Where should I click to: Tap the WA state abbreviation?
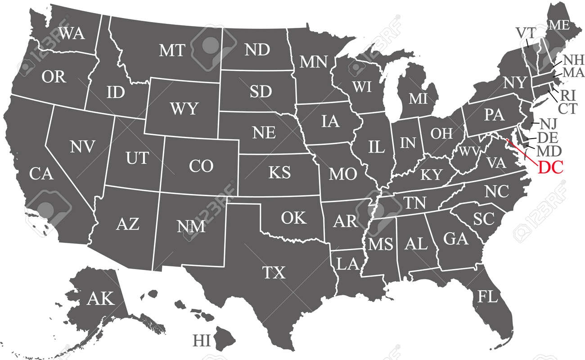pyautogui.click(x=71, y=33)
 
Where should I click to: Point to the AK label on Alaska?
pyautogui.click(x=101, y=298)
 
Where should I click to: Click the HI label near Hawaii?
pyautogui.click(x=202, y=340)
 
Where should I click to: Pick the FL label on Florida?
pyautogui.click(x=487, y=297)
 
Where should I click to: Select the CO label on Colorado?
pyautogui.click(x=201, y=166)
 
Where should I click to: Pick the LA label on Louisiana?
pyautogui.click(x=347, y=264)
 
